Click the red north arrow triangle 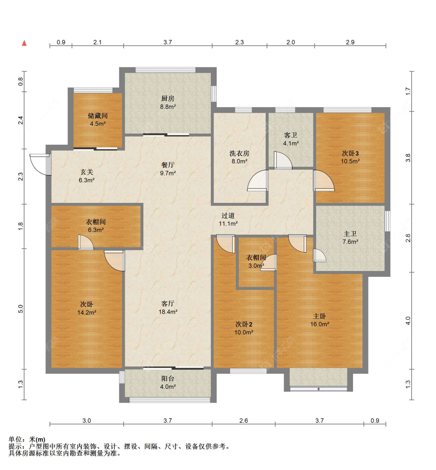(24, 43)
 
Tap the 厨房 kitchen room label (168, 98)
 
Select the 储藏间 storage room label (98, 115)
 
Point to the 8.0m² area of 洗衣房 (240, 161)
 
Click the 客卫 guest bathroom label (291, 135)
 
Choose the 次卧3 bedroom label (350, 153)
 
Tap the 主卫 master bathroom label (350, 234)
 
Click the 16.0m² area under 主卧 (320, 324)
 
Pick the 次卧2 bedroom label (244, 324)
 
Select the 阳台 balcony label (168, 379)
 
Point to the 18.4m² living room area (168, 312)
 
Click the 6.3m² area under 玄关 (87, 180)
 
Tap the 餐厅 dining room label (168, 165)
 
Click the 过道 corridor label (228, 215)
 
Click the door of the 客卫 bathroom (283, 160)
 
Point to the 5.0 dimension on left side (21, 309)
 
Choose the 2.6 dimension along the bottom (244, 420)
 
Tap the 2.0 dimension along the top (291, 42)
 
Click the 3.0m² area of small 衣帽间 (256, 266)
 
